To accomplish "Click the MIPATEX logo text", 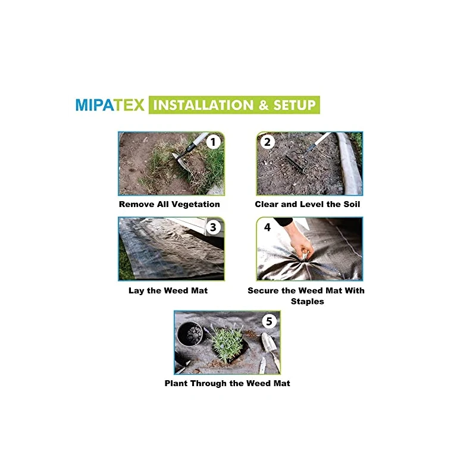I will [x=110, y=105].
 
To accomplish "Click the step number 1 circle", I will [x=214, y=142].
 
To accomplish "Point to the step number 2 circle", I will [x=268, y=142].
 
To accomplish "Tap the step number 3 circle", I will [x=214, y=227].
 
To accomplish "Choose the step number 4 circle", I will [x=267, y=227].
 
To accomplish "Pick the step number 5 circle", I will [x=269, y=321].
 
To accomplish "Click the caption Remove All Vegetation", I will [x=170, y=204].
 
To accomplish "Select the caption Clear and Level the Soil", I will [x=308, y=204].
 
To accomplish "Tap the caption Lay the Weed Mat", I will [x=168, y=290].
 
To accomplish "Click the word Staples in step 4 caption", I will [x=307, y=301].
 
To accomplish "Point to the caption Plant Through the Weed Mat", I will [x=227, y=383].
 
